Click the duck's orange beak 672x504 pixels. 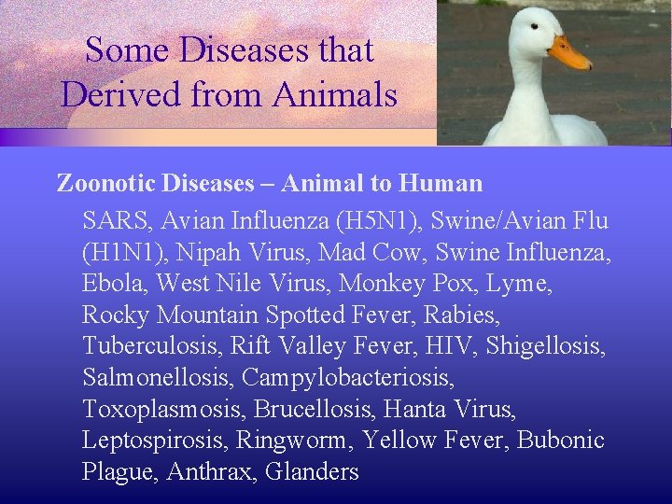pos(568,53)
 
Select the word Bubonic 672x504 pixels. pos(561,441)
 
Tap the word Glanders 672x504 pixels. pos(312,472)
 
